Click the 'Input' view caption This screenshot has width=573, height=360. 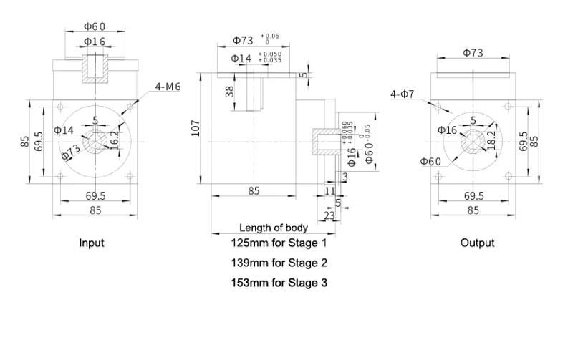pyautogui.click(x=91, y=243)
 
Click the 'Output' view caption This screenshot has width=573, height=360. pyautogui.click(x=477, y=243)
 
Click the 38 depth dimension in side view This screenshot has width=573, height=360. pyautogui.click(x=229, y=91)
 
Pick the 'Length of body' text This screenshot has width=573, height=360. pyautogui.click(x=274, y=228)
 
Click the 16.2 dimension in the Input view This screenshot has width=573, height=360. pyautogui.click(x=114, y=137)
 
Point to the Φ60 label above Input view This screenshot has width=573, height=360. pyautogui.click(x=95, y=26)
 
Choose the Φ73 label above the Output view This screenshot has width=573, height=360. pyautogui.click(x=473, y=52)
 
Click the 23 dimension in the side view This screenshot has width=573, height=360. pyautogui.click(x=329, y=215)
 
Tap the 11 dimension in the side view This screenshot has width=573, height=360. pyautogui.click(x=329, y=191)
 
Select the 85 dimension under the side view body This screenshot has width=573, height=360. pyautogui.click(x=254, y=190)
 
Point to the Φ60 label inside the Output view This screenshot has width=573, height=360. pyautogui.click(x=430, y=161)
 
